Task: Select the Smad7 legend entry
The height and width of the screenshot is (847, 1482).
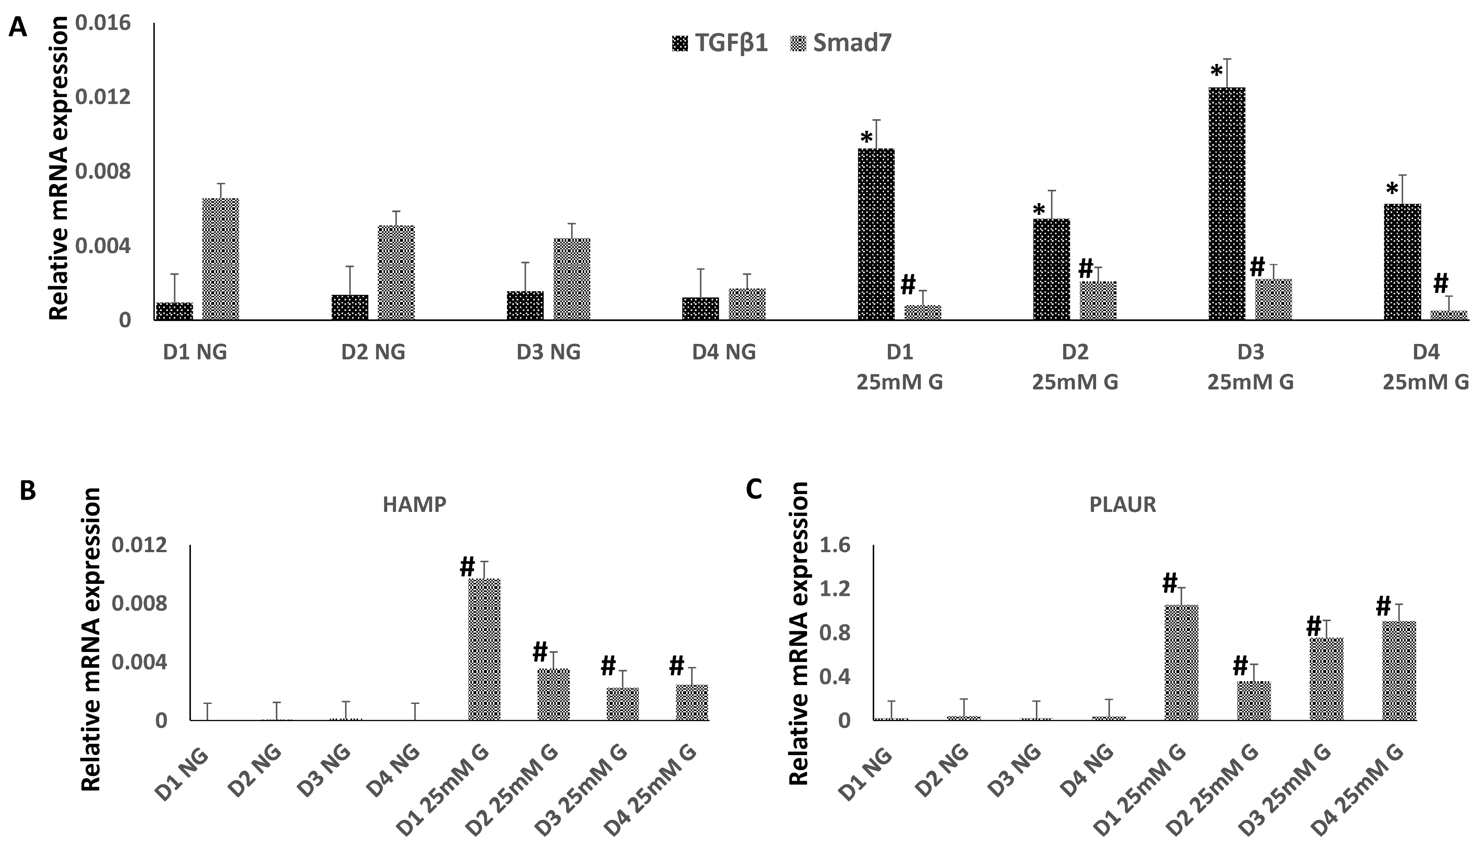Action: coord(841,43)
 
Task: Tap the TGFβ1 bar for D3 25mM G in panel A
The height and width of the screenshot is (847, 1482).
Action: coord(1227,204)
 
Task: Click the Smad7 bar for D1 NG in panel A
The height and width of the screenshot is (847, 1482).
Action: coord(221,259)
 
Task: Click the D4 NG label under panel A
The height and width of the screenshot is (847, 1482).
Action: coord(723,352)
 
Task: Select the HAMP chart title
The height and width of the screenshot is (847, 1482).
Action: coord(414,505)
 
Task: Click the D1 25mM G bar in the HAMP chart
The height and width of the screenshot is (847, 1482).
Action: coord(484,649)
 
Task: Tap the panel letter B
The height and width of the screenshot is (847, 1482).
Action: coord(27,491)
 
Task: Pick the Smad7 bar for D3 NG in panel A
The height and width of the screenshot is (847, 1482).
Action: coord(571,279)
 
